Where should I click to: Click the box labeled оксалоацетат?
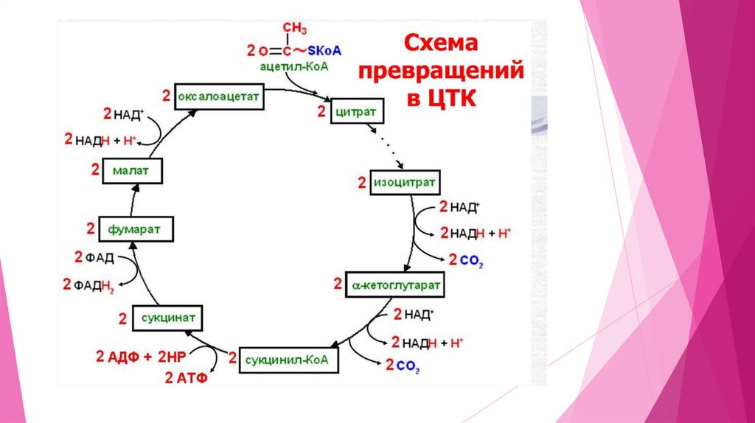pyautogui.click(x=219, y=97)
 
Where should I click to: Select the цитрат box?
pyautogui.click(x=357, y=113)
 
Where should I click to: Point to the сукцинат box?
pyautogui.click(x=167, y=318)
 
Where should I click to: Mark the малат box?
pyautogui.click(x=133, y=171)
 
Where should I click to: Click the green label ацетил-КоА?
pyautogui.click(x=293, y=66)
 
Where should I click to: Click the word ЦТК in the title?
pyautogui.click(x=450, y=96)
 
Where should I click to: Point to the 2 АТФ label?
pyautogui.click(x=185, y=379)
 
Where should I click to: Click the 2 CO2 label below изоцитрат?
pyautogui.click(x=461, y=259)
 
